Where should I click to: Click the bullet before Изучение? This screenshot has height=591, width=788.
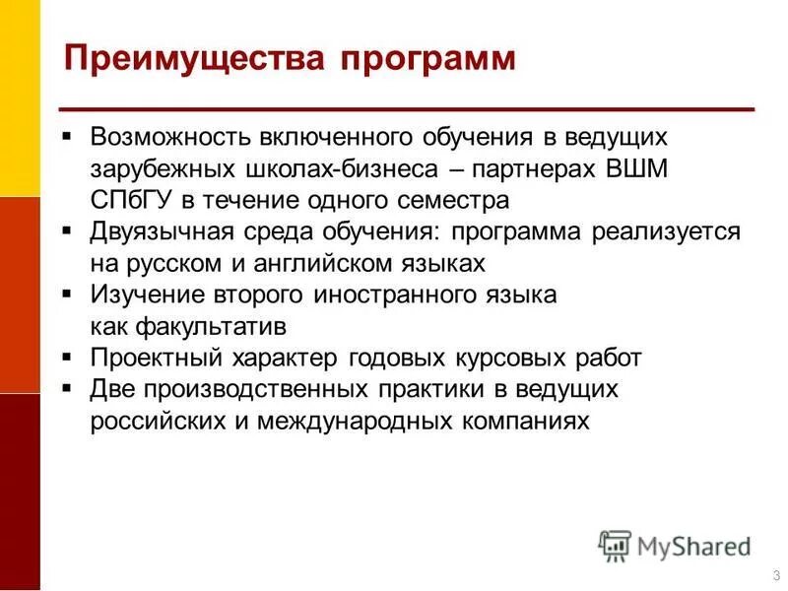(67, 294)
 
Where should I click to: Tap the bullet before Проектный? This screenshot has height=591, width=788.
(67, 358)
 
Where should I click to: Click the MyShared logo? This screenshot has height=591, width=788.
(675, 544)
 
